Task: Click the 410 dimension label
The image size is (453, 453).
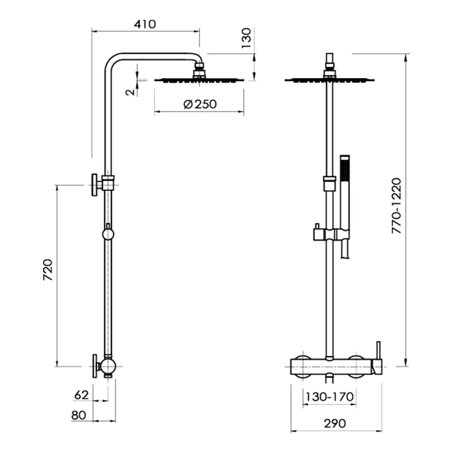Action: (145, 24)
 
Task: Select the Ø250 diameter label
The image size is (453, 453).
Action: (200, 104)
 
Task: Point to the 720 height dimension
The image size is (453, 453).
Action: (48, 270)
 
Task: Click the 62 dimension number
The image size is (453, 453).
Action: (82, 395)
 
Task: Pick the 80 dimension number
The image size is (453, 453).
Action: (79, 415)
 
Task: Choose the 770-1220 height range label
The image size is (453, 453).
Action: (396, 206)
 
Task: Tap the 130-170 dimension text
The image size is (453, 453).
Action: (330, 397)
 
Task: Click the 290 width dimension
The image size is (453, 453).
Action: (335, 423)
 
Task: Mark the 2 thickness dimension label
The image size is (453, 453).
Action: (131, 92)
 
